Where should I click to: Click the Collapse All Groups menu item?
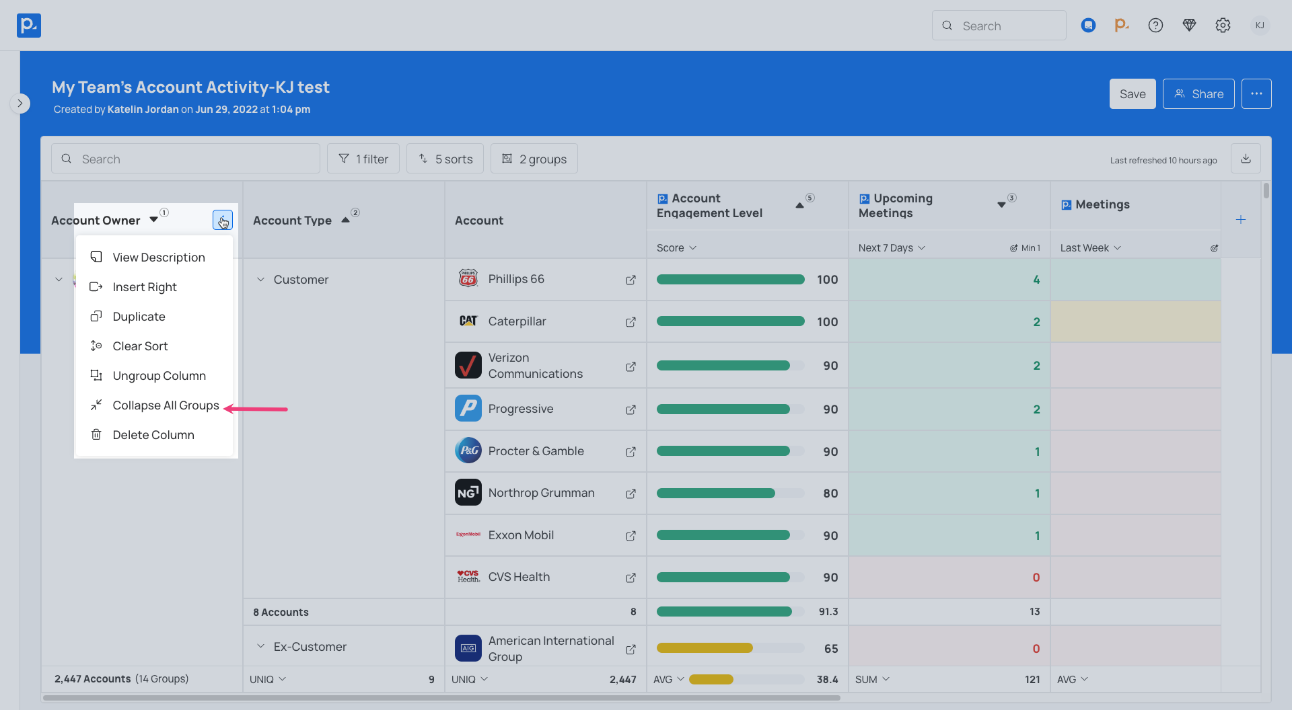coord(166,405)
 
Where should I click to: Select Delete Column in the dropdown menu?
coord(153,435)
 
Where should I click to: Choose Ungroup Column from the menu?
coord(159,376)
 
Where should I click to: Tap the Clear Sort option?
coord(140,346)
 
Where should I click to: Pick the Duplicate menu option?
coord(139,317)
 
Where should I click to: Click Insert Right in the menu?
coord(145,287)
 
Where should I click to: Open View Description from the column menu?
coord(159,258)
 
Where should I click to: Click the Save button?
coord(1132,94)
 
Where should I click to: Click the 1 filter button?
coord(363,159)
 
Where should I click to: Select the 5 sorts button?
coord(445,159)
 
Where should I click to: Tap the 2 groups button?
coord(534,159)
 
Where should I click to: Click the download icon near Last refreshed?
coord(1246,159)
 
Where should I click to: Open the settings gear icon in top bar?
coord(1223,26)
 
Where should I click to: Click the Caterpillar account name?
coord(517,321)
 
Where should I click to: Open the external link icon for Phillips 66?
coord(631,280)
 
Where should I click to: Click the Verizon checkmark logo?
coord(468,366)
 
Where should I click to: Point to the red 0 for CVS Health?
coord(1036,578)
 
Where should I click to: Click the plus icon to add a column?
coord(1241,220)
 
